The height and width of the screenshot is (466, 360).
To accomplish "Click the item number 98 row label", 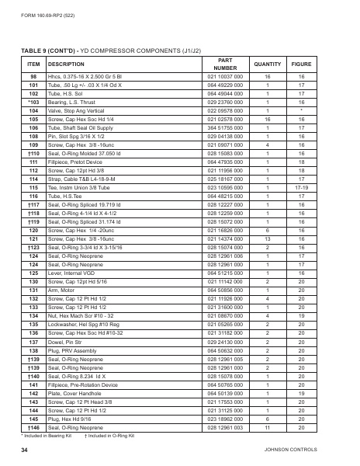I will click(x=33, y=78).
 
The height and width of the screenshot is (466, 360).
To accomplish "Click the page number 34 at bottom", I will click(x=25, y=450).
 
